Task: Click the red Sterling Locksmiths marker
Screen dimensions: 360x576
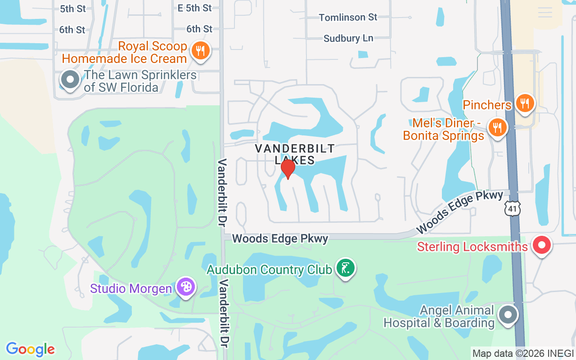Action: pos(542,245)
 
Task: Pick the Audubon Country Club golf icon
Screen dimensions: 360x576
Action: pos(345,268)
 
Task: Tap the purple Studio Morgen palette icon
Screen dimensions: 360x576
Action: pos(185,287)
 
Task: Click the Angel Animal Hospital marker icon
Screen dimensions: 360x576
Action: pos(508,315)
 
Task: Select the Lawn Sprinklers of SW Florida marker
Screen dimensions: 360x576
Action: pos(70,80)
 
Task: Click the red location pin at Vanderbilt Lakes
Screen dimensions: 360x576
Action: pos(288,169)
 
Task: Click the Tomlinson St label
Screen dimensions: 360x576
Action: pos(348,17)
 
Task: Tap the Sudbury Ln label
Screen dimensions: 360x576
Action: pos(348,38)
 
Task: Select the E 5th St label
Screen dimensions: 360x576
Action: pos(194,8)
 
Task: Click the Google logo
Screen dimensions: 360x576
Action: pos(31,349)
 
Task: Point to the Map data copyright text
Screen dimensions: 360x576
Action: pos(522,353)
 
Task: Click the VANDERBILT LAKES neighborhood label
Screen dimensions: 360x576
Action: pos(295,154)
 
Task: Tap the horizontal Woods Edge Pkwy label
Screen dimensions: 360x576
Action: pos(280,238)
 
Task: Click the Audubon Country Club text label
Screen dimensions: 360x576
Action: pos(269,270)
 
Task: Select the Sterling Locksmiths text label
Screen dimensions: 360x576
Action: pos(472,247)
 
